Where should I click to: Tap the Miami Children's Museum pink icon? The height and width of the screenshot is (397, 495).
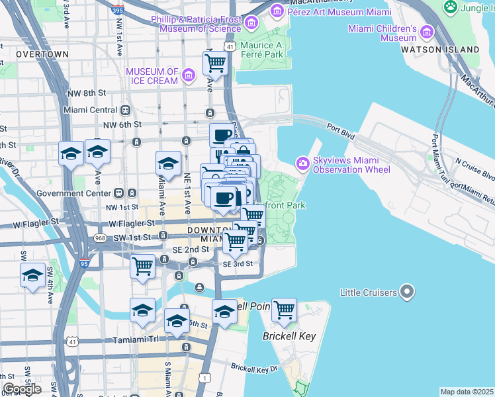[x=427, y=32]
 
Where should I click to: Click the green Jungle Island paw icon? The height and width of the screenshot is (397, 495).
[x=451, y=7]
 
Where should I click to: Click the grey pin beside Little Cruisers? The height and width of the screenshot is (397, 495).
[x=408, y=292]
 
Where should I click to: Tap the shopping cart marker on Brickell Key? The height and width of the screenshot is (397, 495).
[x=284, y=310]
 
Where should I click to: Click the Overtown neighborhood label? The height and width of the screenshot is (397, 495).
[x=42, y=54]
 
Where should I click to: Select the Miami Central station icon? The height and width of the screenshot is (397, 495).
[x=125, y=110]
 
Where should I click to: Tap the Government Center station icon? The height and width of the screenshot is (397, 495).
[x=118, y=193]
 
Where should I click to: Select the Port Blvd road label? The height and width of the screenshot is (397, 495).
[x=340, y=132]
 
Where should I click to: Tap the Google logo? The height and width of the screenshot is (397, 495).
[x=22, y=388]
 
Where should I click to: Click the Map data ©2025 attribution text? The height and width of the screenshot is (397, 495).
[x=467, y=392]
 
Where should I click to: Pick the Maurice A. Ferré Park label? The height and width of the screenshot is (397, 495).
[x=262, y=50]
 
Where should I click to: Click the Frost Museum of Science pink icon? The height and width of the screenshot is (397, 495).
[x=251, y=24]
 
